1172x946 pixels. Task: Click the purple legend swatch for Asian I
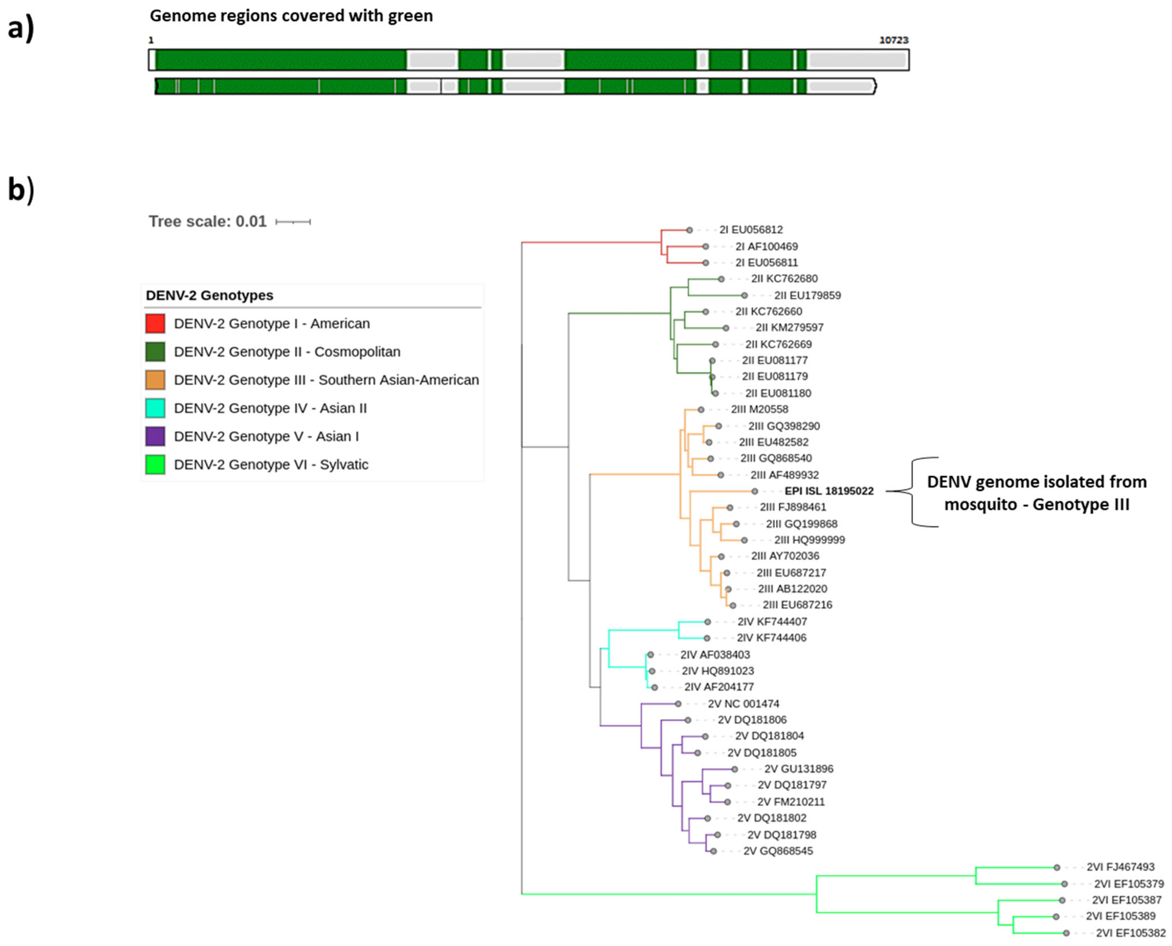[x=155, y=436]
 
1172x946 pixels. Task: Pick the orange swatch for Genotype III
[x=155, y=380]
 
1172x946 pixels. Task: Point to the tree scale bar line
[x=293, y=222]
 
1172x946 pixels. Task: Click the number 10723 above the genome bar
[x=894, y=40]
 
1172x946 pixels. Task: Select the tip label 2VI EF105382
[x=1130, y=933]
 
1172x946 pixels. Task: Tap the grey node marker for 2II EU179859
[x=744, y=295]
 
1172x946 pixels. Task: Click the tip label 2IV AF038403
[x=715, y=655]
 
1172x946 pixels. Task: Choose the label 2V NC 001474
[x=743, y=703]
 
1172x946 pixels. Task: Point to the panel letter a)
[x=21, y=27]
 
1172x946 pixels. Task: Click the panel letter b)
[x=21, y=190]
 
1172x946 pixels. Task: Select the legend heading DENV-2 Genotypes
[x=209, y=295]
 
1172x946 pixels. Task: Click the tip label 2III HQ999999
[x=809, y=540]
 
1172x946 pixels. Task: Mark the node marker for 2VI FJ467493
[x=1057, y=867]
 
